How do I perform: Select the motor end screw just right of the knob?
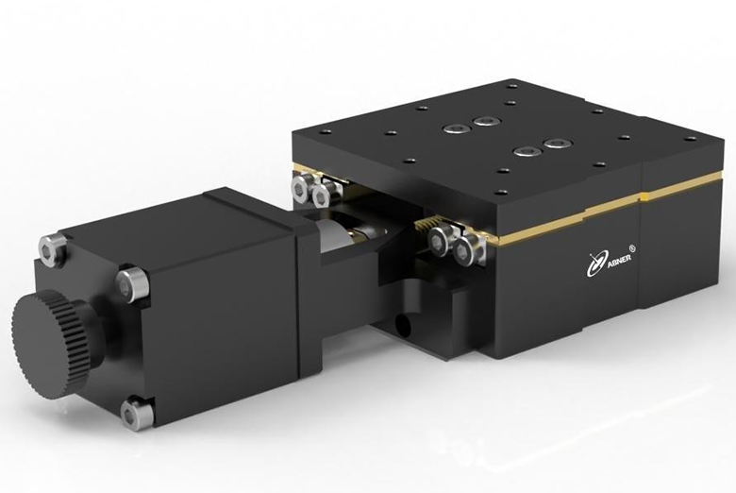(132, 284)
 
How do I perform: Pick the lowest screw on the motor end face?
(136, 413)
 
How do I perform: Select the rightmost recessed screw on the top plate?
(558, 143)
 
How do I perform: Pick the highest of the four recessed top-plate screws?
(486, 121)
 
